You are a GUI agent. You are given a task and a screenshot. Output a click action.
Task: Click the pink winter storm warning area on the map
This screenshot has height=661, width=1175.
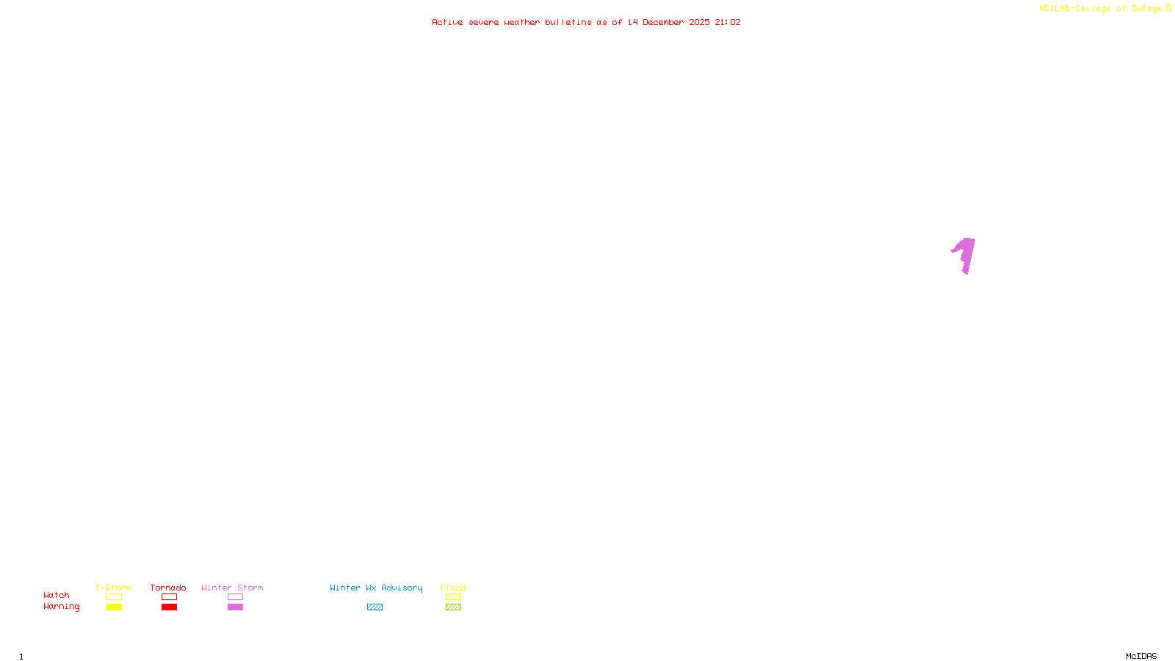tap(966, 254)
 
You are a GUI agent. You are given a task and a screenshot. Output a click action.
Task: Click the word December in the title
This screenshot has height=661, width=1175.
tap(663, 22)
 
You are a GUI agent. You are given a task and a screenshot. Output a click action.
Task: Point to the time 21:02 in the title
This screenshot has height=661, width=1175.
tap(728, 22)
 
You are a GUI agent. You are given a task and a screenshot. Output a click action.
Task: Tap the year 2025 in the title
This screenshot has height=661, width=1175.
tap(699, 22)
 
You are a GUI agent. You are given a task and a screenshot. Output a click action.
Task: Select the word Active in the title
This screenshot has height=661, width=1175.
tap(447, 22)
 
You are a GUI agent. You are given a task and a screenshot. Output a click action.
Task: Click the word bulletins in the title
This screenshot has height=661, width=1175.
tap(568, 22)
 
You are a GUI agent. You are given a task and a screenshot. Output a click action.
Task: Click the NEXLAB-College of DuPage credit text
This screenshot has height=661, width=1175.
tap(1101, 9)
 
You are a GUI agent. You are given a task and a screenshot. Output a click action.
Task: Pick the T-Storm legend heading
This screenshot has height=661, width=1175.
tap(113, 588)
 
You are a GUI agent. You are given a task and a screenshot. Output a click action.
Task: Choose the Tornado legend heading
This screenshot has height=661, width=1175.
tap(168, 588)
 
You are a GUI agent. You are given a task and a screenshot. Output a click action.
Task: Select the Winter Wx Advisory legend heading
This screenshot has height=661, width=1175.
tap(376, 588)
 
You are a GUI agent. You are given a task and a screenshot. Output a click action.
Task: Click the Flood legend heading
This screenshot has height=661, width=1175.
tap(453, 588)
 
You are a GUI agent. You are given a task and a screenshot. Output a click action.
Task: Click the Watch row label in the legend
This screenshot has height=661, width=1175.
tap(57, 596)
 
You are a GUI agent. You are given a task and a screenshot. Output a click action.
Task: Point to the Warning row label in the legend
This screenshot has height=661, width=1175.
tap(62, 607)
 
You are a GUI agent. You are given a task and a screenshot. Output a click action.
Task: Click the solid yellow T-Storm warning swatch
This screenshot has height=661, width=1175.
tap(114, 607)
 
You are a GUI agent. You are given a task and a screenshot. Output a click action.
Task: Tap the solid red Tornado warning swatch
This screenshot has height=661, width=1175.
tap(169, 607)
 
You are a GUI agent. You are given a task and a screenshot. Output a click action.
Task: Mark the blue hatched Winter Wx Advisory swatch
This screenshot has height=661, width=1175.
tap(375, 607)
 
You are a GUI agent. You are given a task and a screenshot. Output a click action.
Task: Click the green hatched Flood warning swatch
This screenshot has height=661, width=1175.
tap(453, 607)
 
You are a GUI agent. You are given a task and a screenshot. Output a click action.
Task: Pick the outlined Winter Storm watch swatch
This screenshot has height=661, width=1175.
tap(235, 597)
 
